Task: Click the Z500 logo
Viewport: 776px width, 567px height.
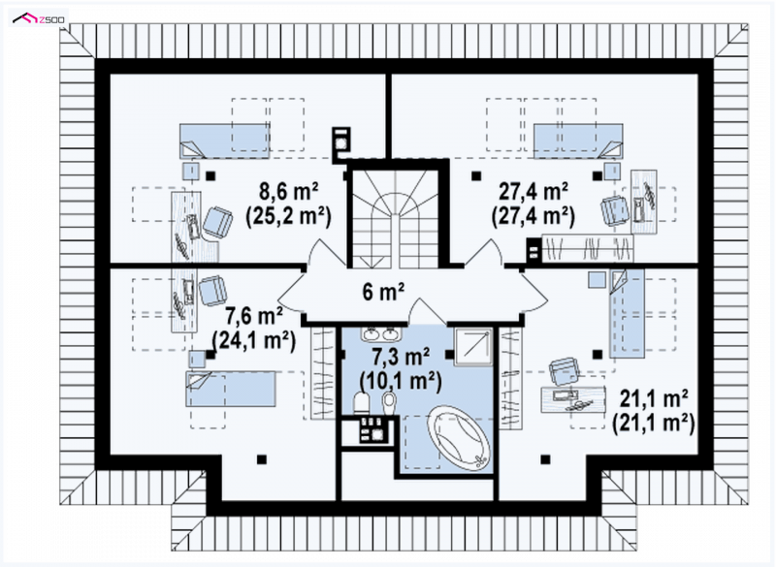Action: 38,19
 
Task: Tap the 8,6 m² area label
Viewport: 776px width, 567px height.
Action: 289,191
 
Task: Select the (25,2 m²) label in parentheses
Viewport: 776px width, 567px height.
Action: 288,216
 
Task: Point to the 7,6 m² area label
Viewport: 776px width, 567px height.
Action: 254,315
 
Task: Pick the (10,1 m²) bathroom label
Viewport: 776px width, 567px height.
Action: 401,381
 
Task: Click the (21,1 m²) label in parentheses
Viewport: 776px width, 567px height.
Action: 653,424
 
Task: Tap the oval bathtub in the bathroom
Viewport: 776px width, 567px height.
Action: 460,438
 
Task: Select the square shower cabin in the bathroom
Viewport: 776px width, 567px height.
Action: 473,346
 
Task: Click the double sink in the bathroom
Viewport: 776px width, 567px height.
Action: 380,334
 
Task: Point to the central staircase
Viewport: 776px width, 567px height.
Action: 394,217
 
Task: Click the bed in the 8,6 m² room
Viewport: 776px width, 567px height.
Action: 225,141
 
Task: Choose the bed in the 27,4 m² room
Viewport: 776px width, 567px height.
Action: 578,141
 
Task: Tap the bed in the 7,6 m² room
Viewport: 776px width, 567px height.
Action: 231,389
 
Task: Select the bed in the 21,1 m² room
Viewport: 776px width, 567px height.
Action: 627,313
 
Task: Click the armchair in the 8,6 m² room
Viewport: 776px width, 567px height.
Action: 217,223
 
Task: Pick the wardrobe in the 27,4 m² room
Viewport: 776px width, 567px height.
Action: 588,248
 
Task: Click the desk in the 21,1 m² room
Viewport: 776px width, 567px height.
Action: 573,398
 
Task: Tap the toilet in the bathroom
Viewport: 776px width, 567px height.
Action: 361,402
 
